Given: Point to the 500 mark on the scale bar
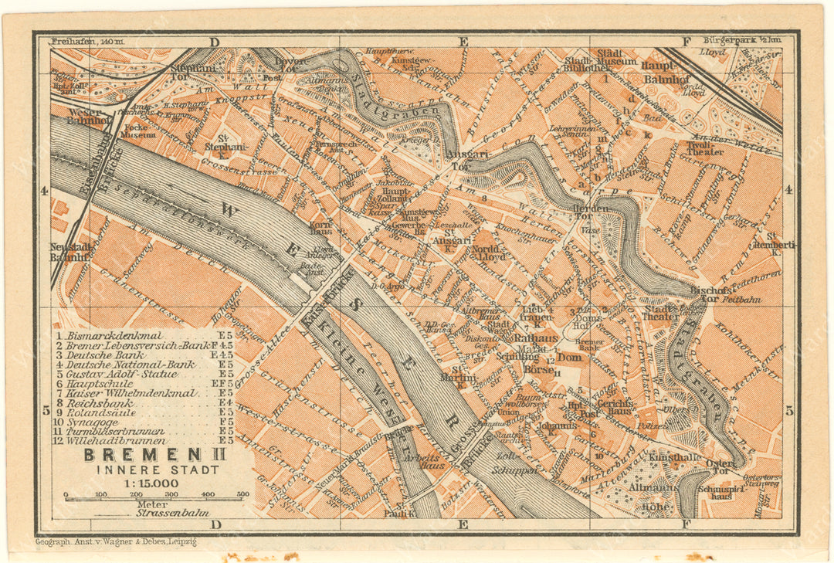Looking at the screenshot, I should [x=242, y=494].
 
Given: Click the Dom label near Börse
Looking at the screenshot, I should [x=568, y=358].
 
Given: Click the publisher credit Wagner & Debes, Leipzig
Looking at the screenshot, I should [x=116, y=541].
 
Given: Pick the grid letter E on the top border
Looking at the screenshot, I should [x=463, y=42].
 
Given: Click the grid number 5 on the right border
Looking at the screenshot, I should [x=789, y=411].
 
